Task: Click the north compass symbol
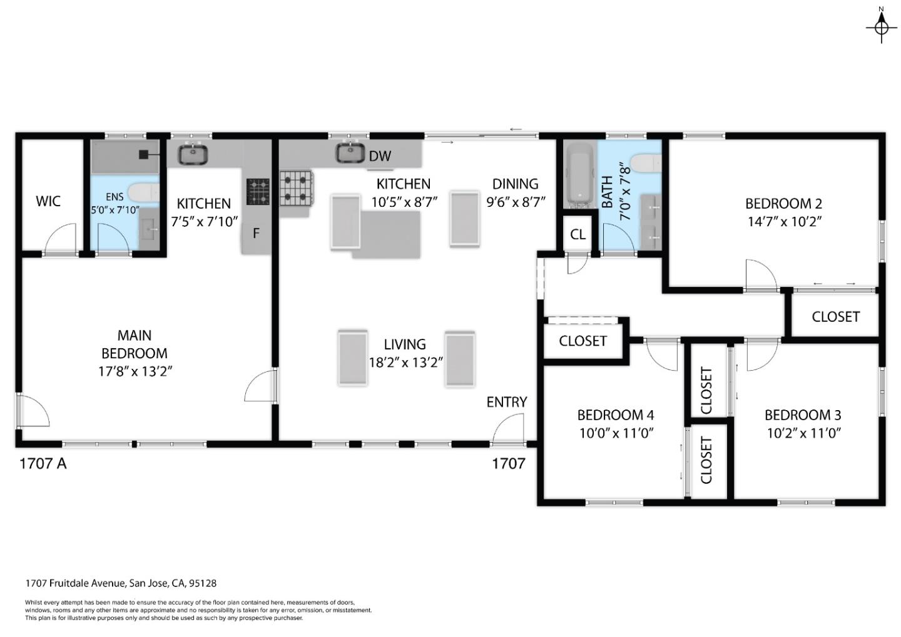881,27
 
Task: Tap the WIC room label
48,201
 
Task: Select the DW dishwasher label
380,156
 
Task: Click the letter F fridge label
256,234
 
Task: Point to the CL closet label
578,235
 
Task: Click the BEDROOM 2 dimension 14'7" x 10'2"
783,221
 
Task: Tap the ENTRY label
507,402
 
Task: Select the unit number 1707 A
43,464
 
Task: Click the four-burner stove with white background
296,188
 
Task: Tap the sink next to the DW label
350,153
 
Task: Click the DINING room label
515,184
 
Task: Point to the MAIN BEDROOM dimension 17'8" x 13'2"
135,371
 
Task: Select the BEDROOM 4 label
615,415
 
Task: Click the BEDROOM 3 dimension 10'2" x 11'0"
803,433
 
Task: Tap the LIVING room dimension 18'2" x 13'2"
405,362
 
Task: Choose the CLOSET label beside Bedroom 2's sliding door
835,317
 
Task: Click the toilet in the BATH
646,164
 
